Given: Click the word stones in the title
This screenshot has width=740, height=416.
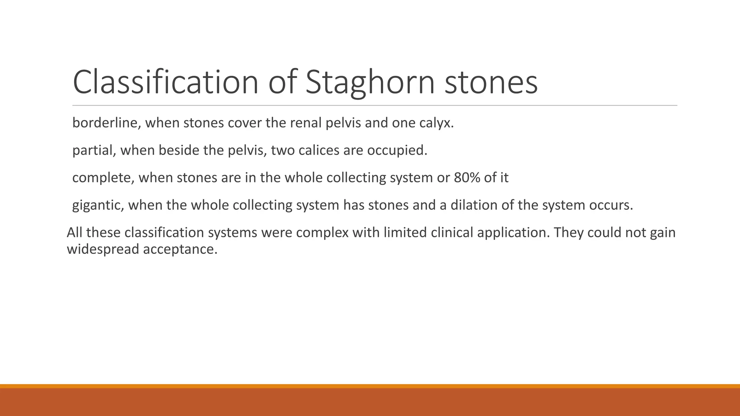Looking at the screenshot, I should tap(491, 82).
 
